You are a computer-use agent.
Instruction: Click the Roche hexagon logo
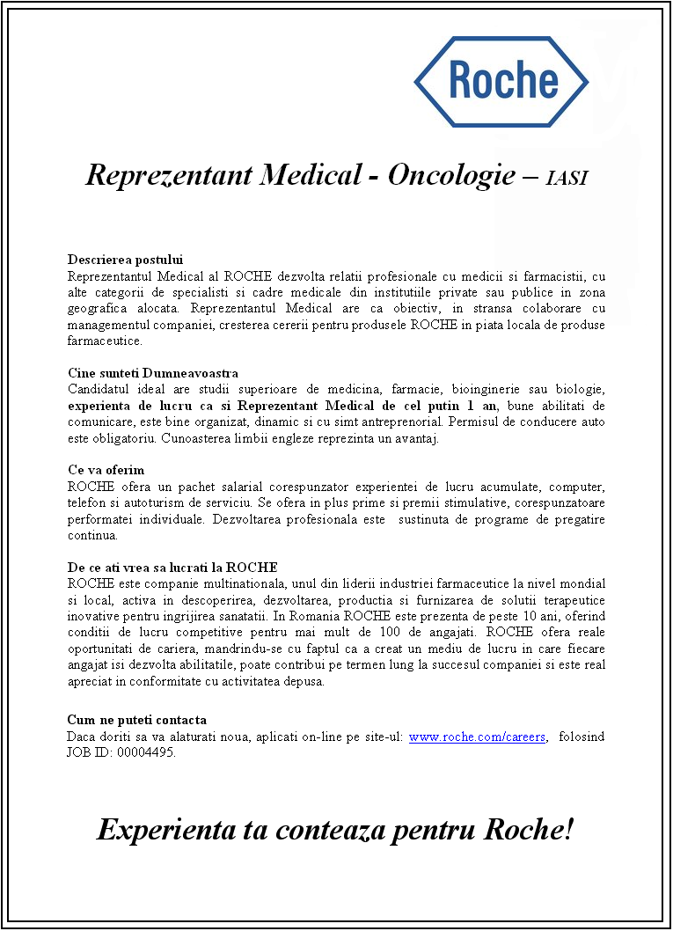click(x=501, y=81)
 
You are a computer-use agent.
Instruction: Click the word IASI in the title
click(x=567, y=179)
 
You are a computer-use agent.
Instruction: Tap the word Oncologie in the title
click(x=451, y=176)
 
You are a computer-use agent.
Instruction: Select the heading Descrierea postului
click(x=125, y=260)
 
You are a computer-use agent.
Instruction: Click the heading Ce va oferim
click(x=106, y=470)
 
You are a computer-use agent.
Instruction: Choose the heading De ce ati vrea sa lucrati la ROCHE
click(x=172, y=567)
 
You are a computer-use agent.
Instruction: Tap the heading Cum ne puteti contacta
click(x=137, y=720)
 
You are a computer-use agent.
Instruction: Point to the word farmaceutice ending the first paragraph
click(x=104, y=341)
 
